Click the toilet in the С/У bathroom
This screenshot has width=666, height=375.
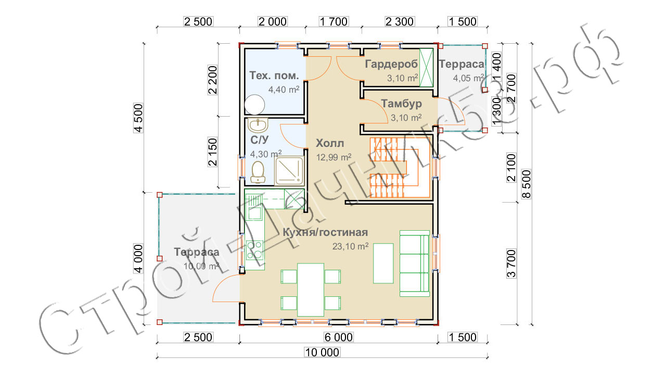coord(258,172)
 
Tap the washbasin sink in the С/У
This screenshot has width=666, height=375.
coord(258,126)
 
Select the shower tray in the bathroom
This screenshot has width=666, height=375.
coord(289,171)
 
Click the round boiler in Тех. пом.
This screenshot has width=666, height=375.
coord(255,105)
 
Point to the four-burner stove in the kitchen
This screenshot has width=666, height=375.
coord(255,250)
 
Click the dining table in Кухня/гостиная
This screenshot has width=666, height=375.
coord(311,290)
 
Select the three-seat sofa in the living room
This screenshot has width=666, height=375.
coord(415,264)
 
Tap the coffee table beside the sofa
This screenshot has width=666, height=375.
coord(383,263)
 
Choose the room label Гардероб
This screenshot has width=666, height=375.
coord(391,64)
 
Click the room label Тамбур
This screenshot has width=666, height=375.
coord(401,104)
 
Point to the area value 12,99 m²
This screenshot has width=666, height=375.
coord(334,157)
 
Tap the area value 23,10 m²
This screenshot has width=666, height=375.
coord(350,246)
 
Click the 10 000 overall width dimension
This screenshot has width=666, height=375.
coord(322,353)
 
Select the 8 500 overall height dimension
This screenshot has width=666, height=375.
coord(526,184)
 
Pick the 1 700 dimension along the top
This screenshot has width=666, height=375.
coord(334,21)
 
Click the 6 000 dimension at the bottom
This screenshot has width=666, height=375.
coord(339,337)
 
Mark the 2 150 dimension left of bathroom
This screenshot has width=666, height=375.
coord(213,152)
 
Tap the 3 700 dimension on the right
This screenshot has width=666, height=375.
coord(511,264)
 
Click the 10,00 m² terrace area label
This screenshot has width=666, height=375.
coord(201,266)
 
